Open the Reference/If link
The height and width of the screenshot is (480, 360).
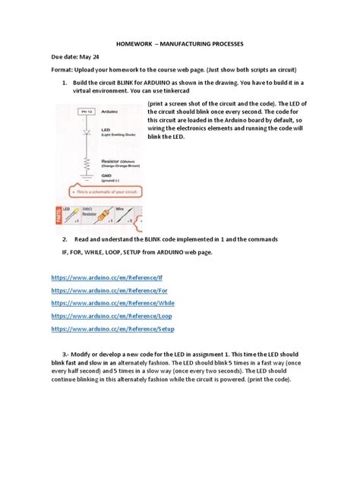pyautogui.click(x=107, y=278)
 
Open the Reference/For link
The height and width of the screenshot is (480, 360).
pyautogui.click(x=109, y=291)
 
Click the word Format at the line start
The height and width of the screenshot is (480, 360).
pyautogui.click(x=64, y=70)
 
